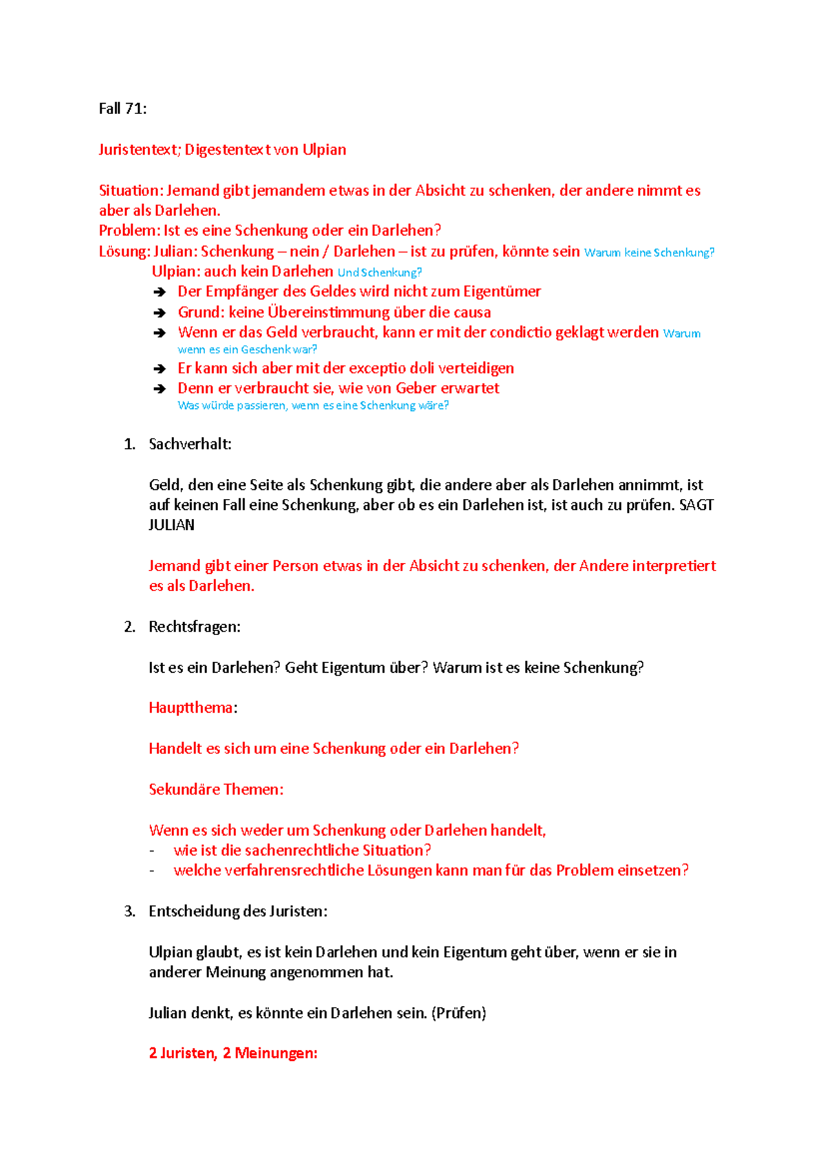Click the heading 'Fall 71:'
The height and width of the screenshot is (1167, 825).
(122, 109)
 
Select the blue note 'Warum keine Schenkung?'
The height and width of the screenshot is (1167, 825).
(649, 253)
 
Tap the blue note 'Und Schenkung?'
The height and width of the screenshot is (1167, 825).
(379, 273)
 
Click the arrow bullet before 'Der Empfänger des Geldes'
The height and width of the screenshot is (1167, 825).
(159, 292)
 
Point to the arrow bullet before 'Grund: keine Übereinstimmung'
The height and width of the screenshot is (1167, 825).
(159, 313)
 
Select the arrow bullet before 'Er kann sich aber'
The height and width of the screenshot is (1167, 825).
(159, 369)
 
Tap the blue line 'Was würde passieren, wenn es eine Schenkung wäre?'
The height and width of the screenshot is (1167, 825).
(313, 405)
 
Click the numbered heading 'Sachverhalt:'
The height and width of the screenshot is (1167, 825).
(190, 444)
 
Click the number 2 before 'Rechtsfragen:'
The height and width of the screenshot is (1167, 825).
(129, 627)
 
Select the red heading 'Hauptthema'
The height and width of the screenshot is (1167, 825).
(190, 708)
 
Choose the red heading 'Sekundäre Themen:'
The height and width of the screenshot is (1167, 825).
(216, 790)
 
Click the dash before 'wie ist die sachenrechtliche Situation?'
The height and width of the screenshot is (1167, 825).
(152, 851)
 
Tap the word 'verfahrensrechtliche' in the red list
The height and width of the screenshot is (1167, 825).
(279, 871)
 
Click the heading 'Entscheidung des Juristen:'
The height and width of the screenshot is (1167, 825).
(238, 911)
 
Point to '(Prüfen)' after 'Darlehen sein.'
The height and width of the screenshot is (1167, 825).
(459, 1013)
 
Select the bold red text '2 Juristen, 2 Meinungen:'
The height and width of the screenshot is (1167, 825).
(233, 1054)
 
